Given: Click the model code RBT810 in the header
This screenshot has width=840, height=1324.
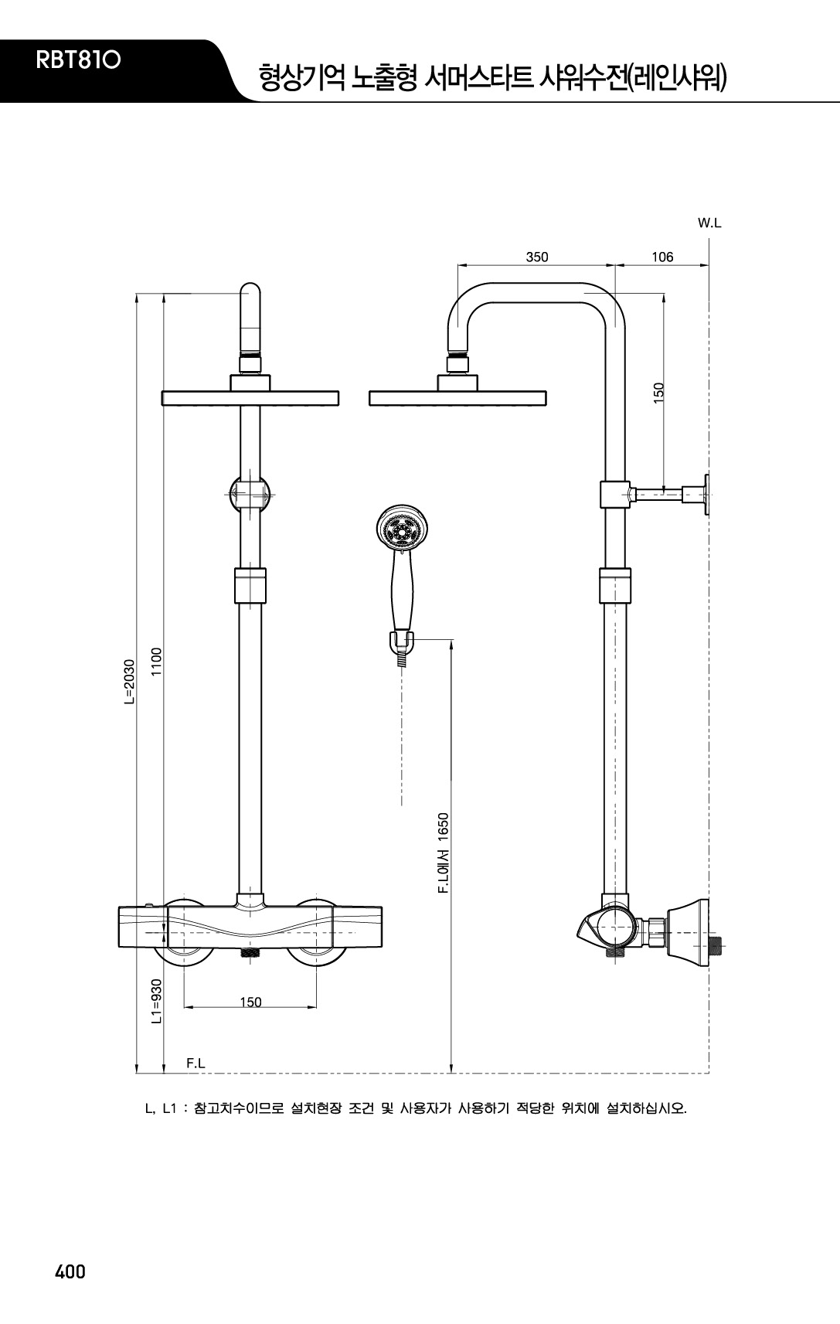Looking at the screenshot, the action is click(78, 60).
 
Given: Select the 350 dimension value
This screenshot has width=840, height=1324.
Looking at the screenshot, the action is click(537, 257).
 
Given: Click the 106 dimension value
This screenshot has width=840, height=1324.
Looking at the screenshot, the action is click(662, 257).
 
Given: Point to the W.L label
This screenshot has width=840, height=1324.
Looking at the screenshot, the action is click(709, 223).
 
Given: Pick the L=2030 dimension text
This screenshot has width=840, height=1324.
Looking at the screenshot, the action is click(130, 682).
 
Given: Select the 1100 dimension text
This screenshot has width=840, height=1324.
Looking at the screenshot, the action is click(156, 662).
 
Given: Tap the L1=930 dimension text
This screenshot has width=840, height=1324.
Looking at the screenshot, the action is click(156, 1001).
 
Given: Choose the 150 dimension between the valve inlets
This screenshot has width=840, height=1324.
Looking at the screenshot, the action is click(250, 1002).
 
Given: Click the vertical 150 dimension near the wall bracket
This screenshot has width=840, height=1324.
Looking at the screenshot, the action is click(658, 393).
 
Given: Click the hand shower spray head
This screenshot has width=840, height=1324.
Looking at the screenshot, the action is click(402, 526).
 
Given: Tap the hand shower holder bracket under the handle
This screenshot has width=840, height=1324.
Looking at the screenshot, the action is click(401, 642).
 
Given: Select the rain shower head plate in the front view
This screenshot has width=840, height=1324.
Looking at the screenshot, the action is click(250, 398).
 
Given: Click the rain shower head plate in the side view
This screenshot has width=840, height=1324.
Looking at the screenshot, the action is click(457, 398).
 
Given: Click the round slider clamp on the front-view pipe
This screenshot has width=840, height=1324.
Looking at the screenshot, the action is click(250, 494).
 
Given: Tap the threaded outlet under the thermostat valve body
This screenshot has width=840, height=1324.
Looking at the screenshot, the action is click(250, 952).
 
